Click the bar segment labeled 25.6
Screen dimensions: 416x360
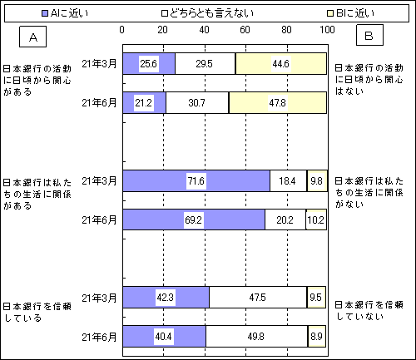149,63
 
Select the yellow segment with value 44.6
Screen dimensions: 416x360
281,63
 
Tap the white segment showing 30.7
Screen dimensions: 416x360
197,103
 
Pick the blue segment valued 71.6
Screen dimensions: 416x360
196,180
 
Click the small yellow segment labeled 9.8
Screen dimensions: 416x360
317,180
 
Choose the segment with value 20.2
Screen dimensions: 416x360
285,219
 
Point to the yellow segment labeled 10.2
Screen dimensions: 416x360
316,219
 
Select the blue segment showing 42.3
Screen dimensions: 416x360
166,298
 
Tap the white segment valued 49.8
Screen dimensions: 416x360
257,337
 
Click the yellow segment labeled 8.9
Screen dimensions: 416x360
317,337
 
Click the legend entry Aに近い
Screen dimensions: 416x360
65,13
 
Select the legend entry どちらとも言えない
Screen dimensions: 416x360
207,13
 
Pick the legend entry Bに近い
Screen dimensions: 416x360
351,13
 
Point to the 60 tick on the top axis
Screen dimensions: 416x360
245,30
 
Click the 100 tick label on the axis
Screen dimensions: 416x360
327,30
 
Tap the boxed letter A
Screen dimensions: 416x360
32,37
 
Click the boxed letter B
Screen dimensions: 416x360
369,35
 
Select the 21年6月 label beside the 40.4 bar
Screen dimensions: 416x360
99,337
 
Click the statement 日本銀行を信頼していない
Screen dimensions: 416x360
369,310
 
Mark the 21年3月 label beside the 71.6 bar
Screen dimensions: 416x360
99,181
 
